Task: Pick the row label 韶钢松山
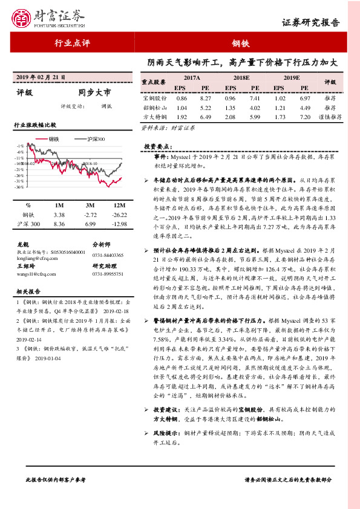click(x=154, y=106)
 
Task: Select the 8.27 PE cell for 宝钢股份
click(x=205, y=97)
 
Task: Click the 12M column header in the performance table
click(x=119, y=206)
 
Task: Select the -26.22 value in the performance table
click(x=119, y=215)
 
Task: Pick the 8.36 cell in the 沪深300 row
click(x=59, y=224)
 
